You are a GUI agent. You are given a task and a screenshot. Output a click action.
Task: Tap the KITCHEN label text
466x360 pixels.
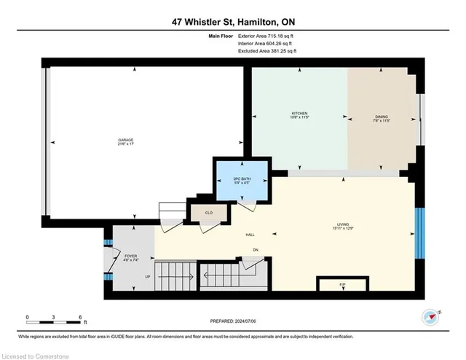click(x=300, y=114)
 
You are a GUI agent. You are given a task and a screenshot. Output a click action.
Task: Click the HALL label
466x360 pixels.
click(x=253, y=234)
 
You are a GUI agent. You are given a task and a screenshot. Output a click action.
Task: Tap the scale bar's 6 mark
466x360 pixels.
click(x=79, y=316)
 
